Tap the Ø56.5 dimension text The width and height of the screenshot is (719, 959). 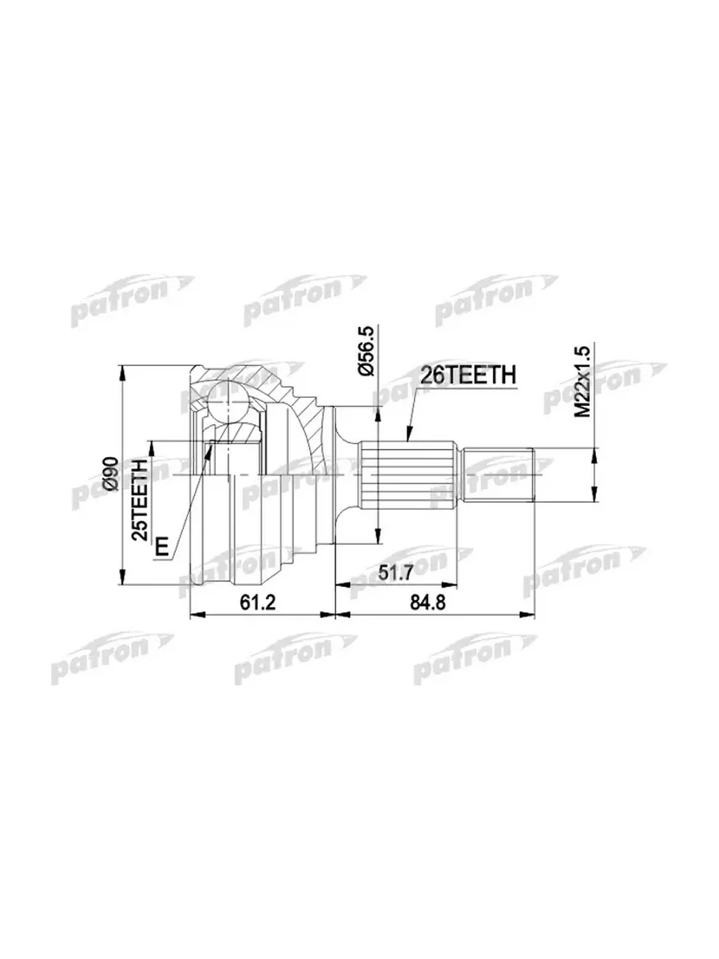coord(366,350)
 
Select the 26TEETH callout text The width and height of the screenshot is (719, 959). coord(467,375)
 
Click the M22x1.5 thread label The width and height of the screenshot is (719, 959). coord(582,381)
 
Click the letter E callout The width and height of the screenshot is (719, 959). coord(161,546)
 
